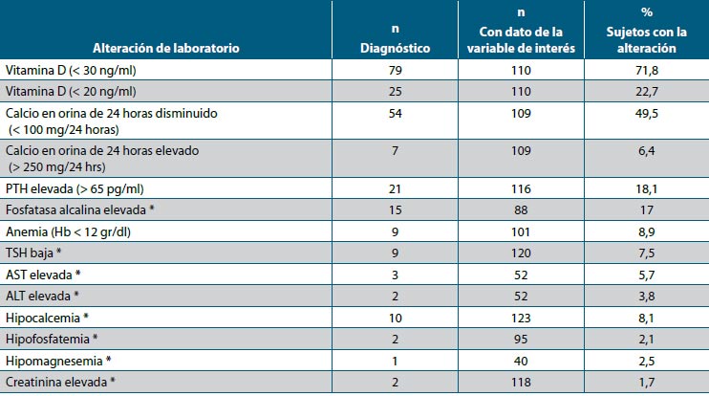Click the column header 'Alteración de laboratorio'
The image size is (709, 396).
click(165, 47)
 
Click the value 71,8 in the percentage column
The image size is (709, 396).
click(647, 72)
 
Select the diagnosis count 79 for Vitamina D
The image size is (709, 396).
click(394, 72)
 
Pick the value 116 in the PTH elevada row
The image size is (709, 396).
click(521, 187)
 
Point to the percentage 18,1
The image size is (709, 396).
click(647, 187)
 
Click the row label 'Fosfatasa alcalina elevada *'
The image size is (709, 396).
click(75, 209)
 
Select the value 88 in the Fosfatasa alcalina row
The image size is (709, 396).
click(521, 209)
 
